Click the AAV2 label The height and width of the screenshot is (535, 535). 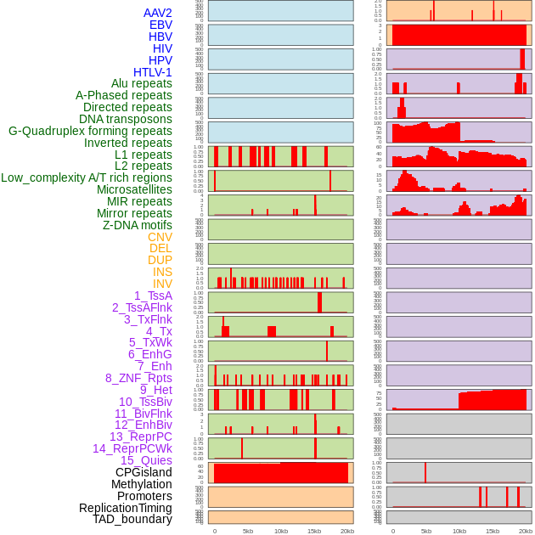(157, 13)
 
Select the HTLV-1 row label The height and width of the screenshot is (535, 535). (152, 72)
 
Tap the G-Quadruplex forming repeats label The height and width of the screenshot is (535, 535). (90, 131)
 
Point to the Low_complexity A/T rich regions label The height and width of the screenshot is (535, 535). (87, 177)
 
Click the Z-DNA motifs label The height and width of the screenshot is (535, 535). (137, 225)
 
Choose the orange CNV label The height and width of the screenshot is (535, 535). (160, 237)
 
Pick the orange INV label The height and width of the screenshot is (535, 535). (162, 284)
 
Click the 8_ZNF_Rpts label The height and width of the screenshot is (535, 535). (138, 378)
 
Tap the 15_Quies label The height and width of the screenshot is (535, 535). (145, 460)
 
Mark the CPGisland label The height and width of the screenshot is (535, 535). (144, 472)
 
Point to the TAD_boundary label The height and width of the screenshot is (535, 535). (132, 519)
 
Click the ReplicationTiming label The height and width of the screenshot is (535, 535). (126, 508)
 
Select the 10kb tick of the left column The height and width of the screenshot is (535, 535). (281, 531)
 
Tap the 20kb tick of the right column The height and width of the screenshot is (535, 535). (526, 531)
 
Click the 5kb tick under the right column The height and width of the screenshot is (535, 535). (426, 531)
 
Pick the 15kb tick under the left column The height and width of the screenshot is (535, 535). (314, 531)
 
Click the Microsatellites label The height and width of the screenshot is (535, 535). (134, 189)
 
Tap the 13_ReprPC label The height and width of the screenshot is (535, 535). (140, 436)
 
